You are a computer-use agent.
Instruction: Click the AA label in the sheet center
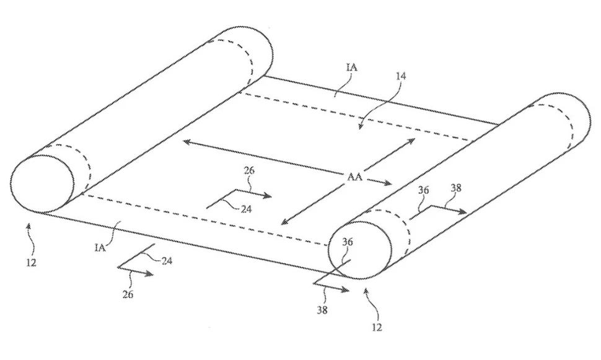(355, 176)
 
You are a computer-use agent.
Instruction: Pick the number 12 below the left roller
(32, 262)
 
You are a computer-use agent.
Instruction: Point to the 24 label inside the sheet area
(246, 209)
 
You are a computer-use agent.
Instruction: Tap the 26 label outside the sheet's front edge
(127, 296)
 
